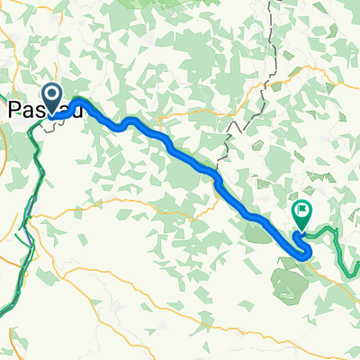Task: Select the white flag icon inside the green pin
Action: point(301,212)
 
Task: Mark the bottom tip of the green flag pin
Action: point(301,230)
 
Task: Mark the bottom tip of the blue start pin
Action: point(52,116)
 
